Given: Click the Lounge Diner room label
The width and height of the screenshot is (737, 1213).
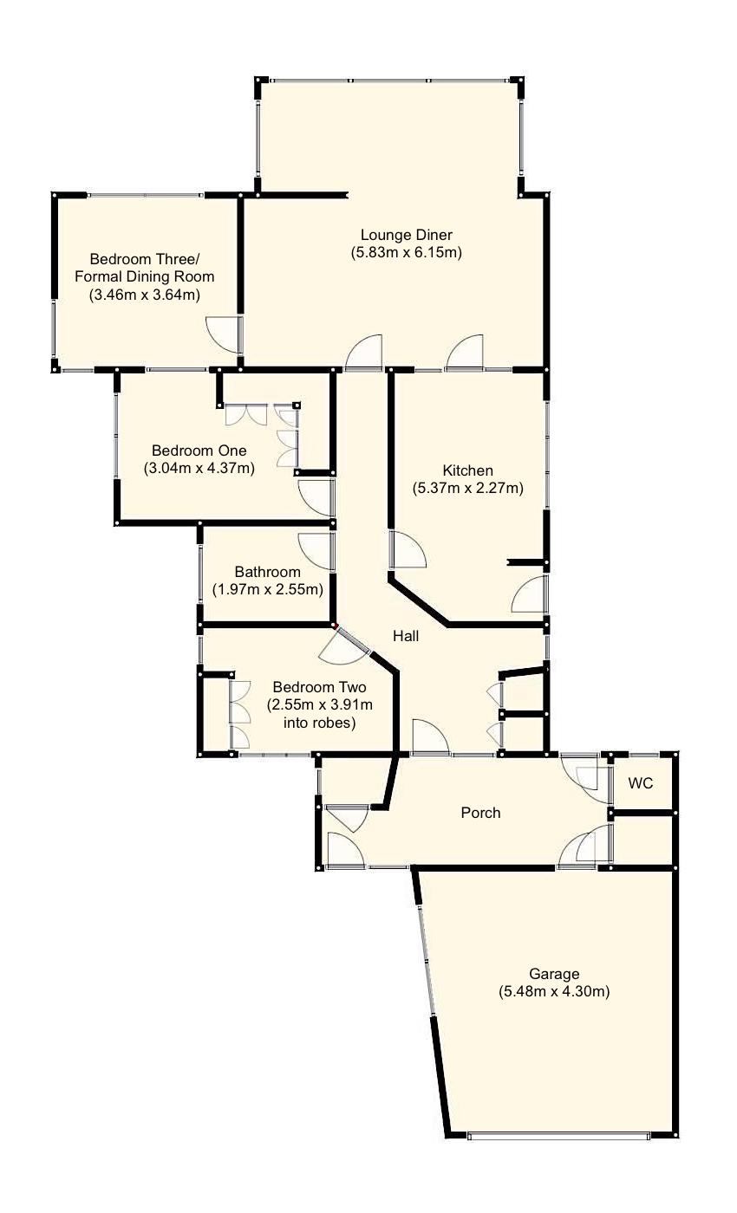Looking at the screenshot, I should pyautogui.click(x=407, y=235).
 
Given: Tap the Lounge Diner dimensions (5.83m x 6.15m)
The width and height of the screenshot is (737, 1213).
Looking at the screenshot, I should pyautogui.click(x=407, y=253).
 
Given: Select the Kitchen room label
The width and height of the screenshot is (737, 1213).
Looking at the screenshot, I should pyautogui.click(x=467, y=470).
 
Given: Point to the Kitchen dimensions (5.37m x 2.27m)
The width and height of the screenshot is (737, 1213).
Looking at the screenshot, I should pyautogui.click(x=467, y=489).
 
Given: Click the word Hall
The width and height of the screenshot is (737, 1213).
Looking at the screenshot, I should pyautogui.click(x=406, y=636).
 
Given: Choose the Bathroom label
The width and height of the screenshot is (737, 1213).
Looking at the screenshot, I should pyautogui.click(x=268, y=572).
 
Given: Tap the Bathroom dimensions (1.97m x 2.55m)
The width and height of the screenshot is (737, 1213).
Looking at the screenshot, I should pyautogui.click(x=268, y=590).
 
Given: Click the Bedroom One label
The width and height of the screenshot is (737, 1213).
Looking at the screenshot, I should pyautogui.click(x=199, y=451).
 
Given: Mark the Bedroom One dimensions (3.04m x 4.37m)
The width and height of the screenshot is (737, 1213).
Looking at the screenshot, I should pyautogui.click(x=199, y=469).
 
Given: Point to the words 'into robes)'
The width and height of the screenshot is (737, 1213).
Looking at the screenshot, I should pyautogui.click(x=320, y=722).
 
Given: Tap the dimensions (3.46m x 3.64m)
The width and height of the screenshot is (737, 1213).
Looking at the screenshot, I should pyautogui.click(x=145, y=295).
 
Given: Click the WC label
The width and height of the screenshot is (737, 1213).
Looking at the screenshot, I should pyautogui.click(x=640, y=783).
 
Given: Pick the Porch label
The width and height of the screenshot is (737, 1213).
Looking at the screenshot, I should pyautogui.click(x=480, y=813).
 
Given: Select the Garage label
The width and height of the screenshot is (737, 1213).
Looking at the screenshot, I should pyautogui.click(x=554, y=974).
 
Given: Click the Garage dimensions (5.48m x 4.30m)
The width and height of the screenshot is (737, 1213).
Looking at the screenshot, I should pyautogui.click(x=554, y=992).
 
